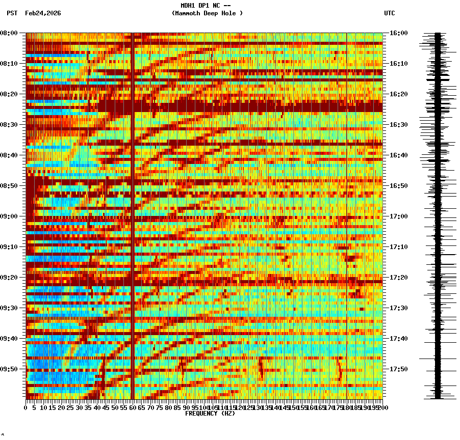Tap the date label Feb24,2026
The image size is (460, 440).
(x=43, y=13)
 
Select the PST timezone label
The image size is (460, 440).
(x=12, y=13)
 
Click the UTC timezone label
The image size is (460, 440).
(x=389, y=13)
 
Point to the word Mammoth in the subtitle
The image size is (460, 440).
(x=189, y=13)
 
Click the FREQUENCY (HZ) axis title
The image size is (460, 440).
(x=210, y=414)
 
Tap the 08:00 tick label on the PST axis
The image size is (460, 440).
(x=9, y=33)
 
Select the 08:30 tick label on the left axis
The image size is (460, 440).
(x=9, y=125)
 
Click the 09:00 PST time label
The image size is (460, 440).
(x=9, y=216)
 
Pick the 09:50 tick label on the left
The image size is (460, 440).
(x=9, y=369)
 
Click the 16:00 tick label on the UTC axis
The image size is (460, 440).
(x=398, y=33)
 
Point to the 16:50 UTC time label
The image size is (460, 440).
(x=398, y=186)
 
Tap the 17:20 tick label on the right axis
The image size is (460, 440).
(x=398, y=278)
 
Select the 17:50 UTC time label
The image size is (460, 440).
(x=398, y=369)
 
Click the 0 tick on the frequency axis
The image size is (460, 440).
(x=26, y=408)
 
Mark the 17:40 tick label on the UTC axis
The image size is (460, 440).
(x=398, y=339)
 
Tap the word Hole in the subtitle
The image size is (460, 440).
(x=231, y=13)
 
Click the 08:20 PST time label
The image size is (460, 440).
(x=9, y=94)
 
